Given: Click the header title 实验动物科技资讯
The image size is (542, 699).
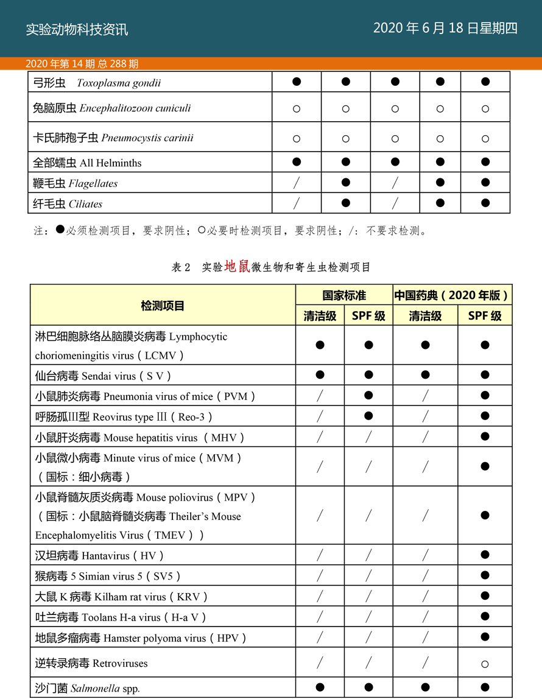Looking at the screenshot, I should coord(77,29).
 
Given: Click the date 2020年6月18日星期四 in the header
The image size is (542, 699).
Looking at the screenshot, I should coord(445,28).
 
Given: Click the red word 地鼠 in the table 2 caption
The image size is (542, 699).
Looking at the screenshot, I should coord(237,266).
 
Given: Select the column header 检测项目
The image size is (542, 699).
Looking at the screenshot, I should coord(163,306).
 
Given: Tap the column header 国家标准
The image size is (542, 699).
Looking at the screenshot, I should coord(344,295).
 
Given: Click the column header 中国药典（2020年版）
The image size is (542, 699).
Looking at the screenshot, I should coord(451,295).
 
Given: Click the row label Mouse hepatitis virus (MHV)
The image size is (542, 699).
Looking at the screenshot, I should coord(140,437).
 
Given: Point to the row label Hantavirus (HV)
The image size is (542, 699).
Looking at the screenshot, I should coord(100,555).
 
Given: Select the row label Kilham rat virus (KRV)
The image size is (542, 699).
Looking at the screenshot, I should coord(122,597).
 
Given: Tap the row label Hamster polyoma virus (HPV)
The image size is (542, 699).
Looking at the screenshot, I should coord(141,638).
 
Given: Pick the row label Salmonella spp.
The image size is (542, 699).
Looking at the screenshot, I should coord(88,689).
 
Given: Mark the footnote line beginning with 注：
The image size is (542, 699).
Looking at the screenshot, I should coord(231,231).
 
